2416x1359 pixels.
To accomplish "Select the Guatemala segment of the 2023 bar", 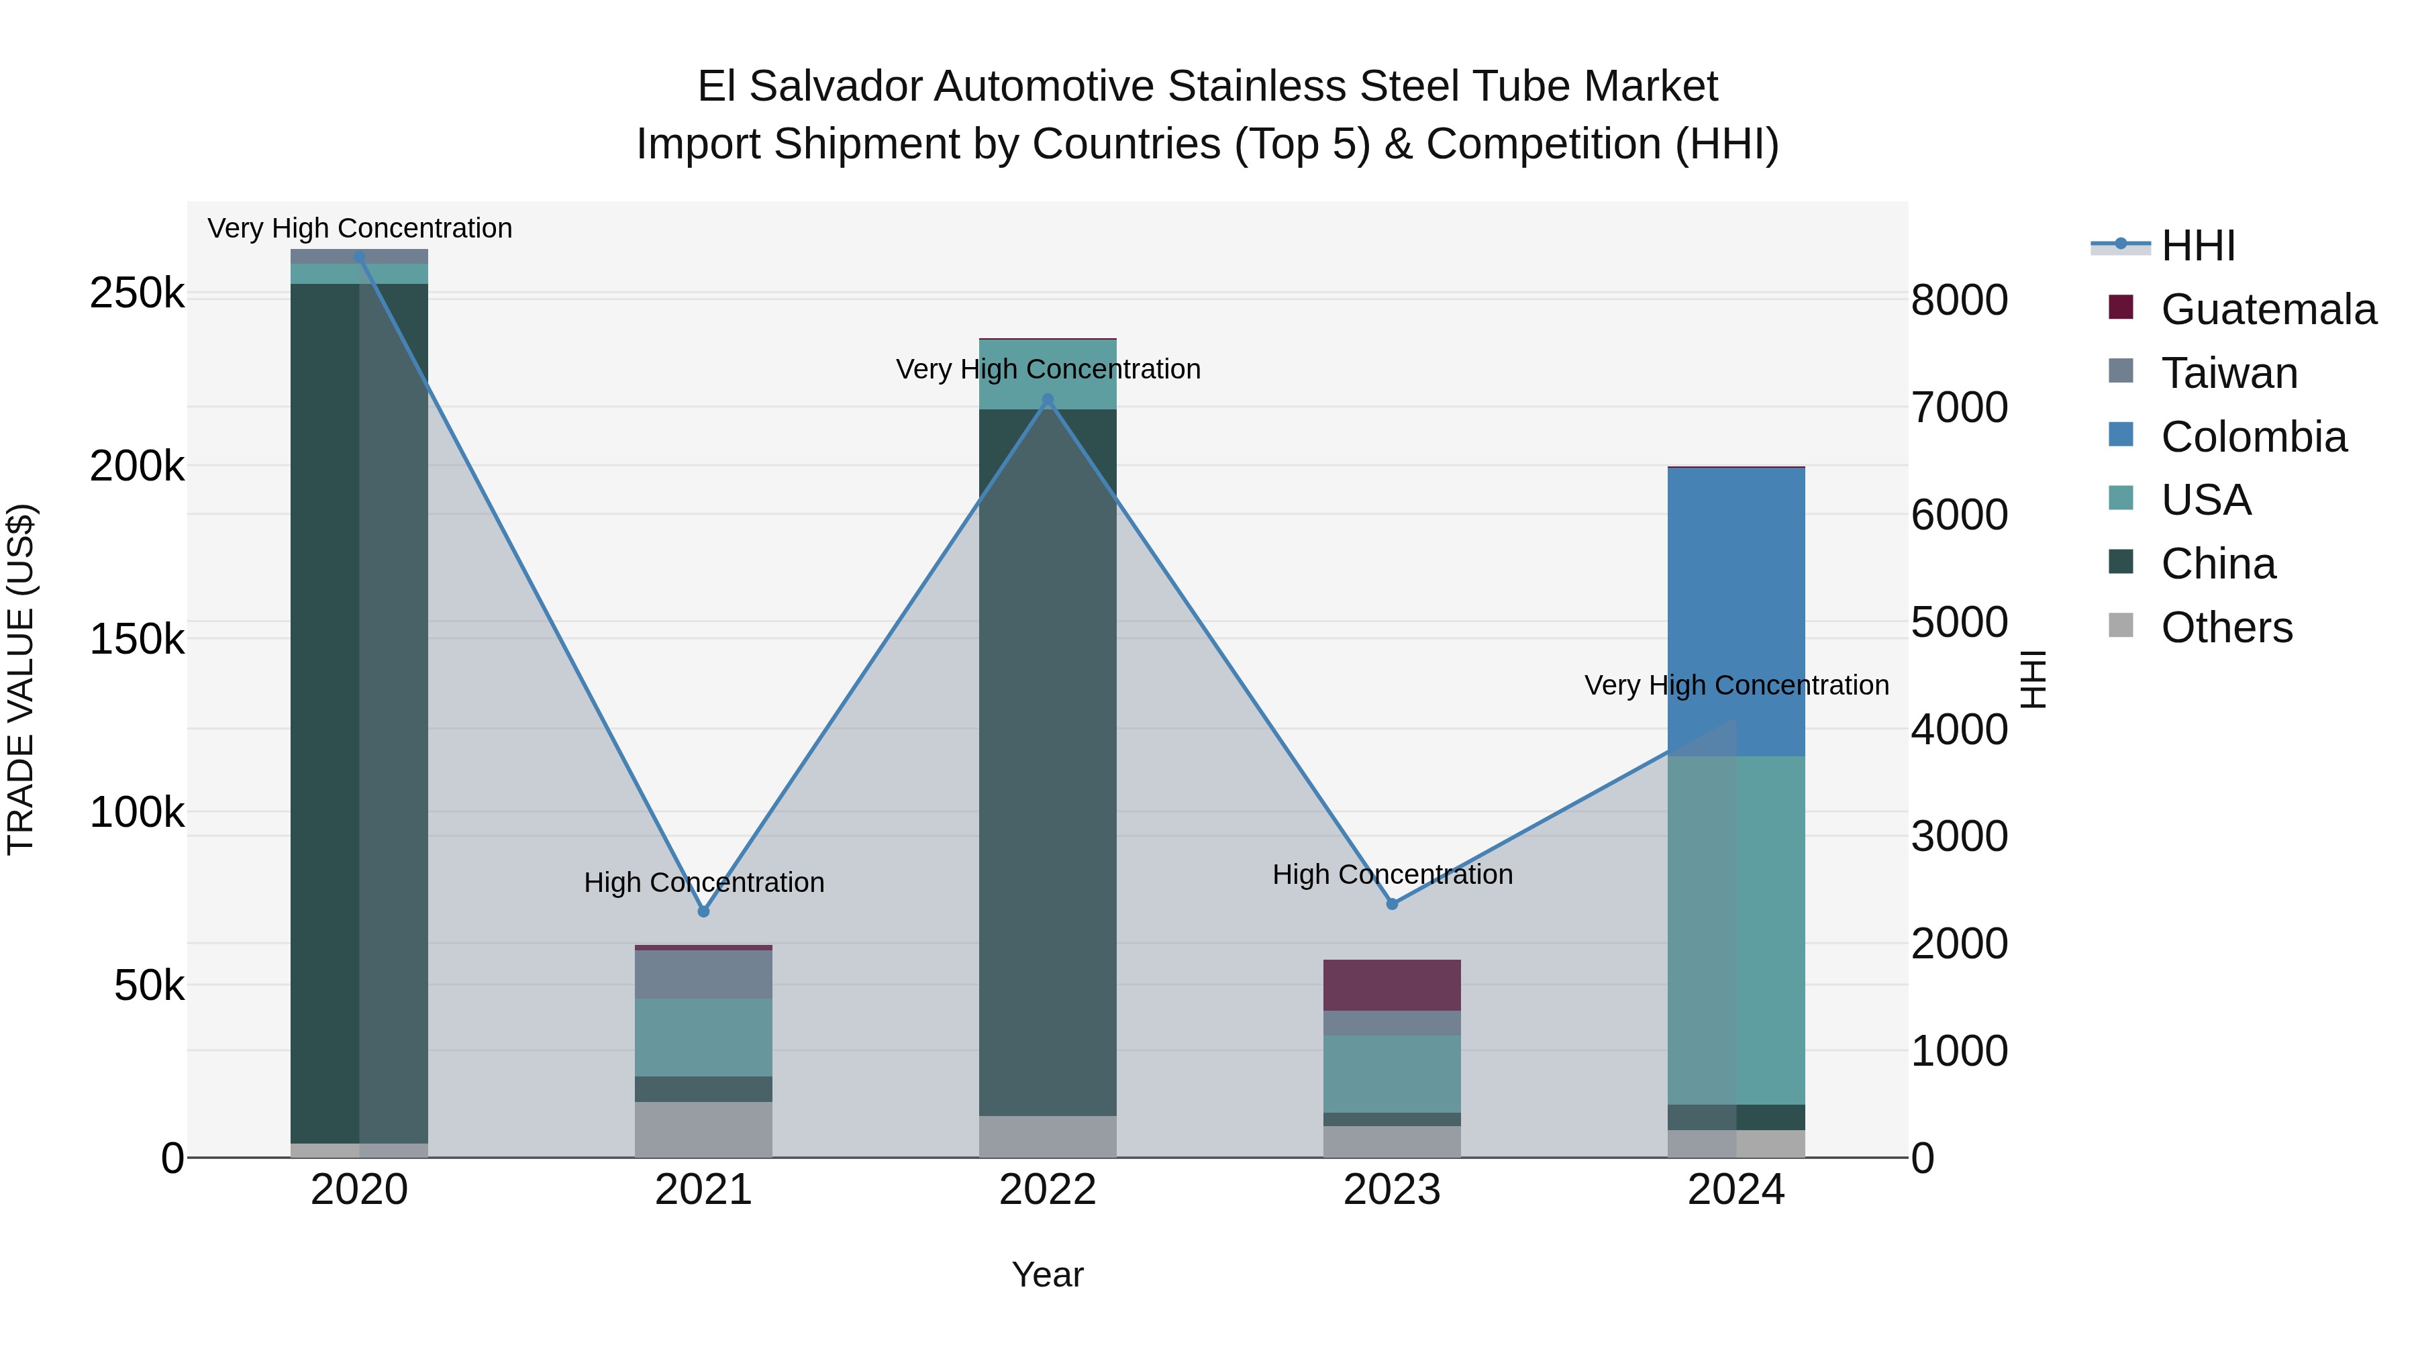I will coord(1392,985).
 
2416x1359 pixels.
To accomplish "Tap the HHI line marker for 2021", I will coord(703,911).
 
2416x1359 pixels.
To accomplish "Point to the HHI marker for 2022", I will coord(1048,399).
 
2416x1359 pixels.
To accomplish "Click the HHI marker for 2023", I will coord(1392,903).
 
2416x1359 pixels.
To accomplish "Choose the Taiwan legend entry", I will coord(2228,373).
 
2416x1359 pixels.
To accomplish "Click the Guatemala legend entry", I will coord(2268,309).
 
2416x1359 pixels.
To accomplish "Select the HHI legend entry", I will coord(2197,246).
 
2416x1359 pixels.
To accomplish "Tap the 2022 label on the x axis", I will coord(1048,1190).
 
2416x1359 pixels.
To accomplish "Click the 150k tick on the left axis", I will coord(137,639).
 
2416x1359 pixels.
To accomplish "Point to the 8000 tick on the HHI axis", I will coord(1959,300).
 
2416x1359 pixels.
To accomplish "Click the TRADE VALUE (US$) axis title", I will coord(21,679).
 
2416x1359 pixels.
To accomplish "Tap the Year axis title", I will coord(1048,1274).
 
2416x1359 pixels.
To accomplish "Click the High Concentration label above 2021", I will coord(703,883).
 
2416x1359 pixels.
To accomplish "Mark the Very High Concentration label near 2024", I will coord(1736,686).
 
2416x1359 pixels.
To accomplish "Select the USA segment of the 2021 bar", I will coord(703,1038).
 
